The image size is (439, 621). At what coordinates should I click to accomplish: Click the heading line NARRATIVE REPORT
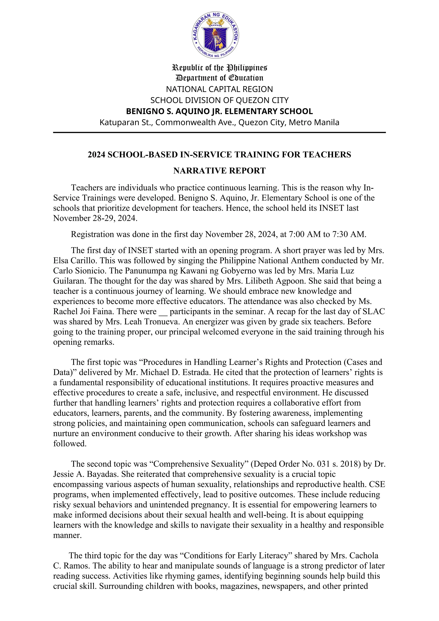pos(219,171)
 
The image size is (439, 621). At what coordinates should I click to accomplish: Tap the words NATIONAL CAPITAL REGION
pos(219,89)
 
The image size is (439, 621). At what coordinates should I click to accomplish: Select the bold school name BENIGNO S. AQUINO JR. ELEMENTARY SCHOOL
pos(219,111)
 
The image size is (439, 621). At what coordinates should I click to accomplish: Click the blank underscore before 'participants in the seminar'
pos(163,312)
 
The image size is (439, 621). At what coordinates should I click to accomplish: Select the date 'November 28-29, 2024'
pos(95,218)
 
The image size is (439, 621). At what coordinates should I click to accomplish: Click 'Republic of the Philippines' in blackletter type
pos(219,67)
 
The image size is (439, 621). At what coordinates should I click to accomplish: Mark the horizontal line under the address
pos(219,133)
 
